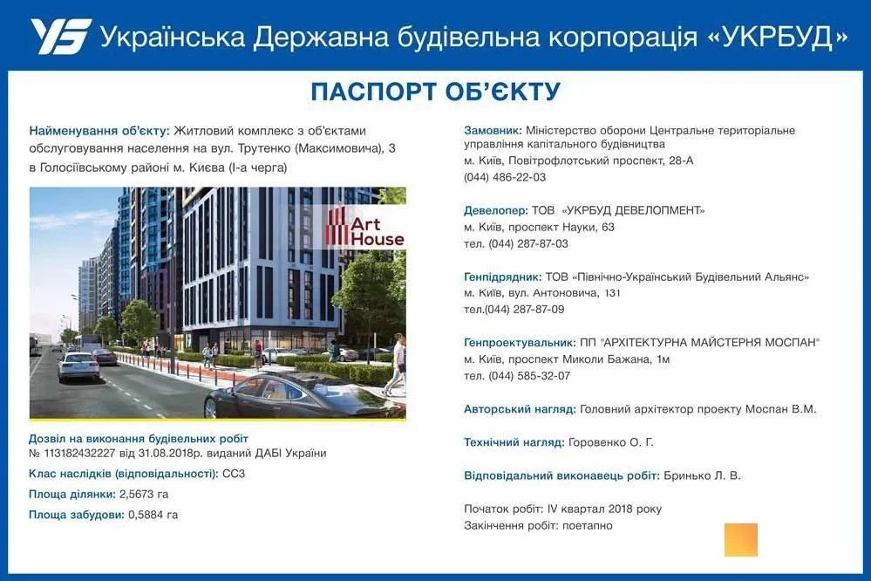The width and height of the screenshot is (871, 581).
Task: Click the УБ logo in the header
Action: click(x=60, y=37)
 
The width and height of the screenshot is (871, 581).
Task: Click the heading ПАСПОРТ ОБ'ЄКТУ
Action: click(x=435, y=92)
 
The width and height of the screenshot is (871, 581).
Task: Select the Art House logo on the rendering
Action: click(x=365, y=227)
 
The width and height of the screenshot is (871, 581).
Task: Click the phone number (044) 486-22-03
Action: click(x=505, y=177)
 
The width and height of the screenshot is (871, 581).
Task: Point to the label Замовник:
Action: click(x=493, y=130)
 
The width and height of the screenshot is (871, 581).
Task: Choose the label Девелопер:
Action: click(x=496, y=210)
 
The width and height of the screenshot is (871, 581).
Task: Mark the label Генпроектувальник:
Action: click(x=520, y=343)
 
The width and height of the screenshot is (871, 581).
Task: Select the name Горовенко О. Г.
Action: click(x=610, y=443)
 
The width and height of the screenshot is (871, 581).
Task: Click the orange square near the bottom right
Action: click(x=740, y=539)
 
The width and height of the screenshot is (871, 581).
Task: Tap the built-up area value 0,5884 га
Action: click(x=153, y=515)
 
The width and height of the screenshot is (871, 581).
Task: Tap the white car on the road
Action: click(x=78, y=366)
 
